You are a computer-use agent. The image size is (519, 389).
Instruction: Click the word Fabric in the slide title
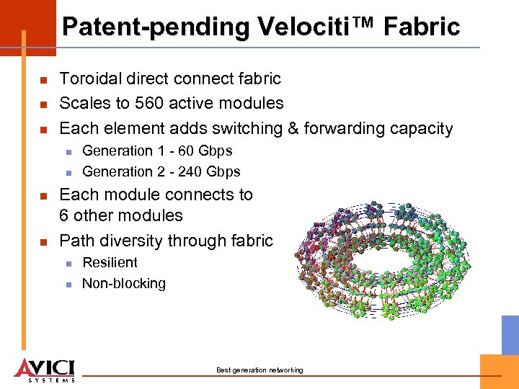point(422,27)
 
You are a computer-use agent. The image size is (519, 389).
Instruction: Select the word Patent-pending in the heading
point(155,27)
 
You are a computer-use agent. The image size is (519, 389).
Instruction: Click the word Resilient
point(110,263)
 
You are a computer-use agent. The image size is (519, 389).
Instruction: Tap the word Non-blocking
point(124,284)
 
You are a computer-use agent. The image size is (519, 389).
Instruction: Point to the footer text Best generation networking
point(259,370)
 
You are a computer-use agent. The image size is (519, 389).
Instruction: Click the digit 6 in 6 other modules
point(64,215)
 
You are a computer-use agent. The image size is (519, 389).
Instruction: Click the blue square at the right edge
point(510,334)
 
